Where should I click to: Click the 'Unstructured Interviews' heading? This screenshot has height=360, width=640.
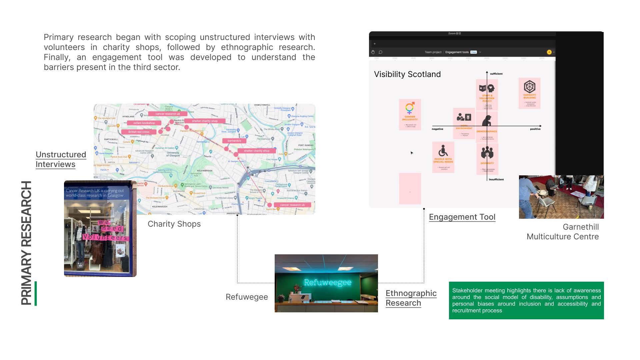coord(61,159)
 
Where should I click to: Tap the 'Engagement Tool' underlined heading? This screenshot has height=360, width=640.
coord(462,217)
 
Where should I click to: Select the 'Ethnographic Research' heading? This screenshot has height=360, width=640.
coord(411,298)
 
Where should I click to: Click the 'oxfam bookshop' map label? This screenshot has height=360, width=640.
coord(144,123)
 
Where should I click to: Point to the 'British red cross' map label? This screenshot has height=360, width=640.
coord(139,132)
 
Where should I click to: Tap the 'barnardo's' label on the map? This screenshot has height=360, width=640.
coord(234,141)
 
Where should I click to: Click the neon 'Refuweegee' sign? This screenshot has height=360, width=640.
coord(327,283)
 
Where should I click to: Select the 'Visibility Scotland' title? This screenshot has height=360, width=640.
coord(407,74)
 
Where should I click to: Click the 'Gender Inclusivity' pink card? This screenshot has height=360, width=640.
coord(410,114)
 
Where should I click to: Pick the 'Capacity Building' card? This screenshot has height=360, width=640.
coord(529,93)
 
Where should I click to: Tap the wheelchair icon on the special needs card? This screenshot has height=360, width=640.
coord(443,151)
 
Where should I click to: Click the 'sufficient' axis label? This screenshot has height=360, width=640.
coord(496,74)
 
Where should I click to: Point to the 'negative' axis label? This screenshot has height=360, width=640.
coord(437,129)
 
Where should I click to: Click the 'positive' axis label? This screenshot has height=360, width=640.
coord(535,129)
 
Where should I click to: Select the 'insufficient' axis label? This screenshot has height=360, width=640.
coord(496,179)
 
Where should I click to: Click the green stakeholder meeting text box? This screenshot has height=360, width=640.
coord(526,300)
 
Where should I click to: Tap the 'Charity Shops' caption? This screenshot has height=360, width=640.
coord(174,224)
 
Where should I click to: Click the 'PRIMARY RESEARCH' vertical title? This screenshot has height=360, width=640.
coord(26,243)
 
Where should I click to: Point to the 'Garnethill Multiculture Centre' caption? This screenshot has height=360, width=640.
coord(563,232)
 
